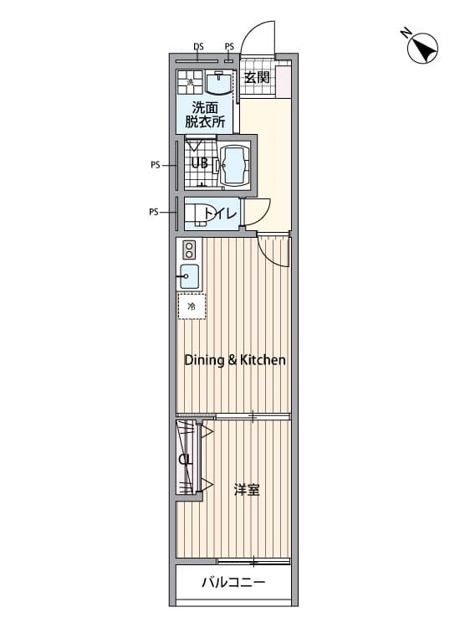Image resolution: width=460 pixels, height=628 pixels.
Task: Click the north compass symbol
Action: pyautogui.click(x=422, y=49)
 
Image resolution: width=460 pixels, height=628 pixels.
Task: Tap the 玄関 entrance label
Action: pyautogui.click(x=257, y=77)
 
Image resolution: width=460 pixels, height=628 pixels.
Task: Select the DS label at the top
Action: pyautogui.click(x=198, y=47)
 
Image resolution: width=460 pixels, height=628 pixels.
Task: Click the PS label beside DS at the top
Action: pyautogui.click(x=229, y=47)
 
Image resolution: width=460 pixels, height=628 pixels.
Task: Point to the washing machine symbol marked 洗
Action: pyautogui.click(x=191, y=83)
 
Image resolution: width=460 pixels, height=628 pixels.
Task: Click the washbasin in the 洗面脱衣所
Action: pyautogui.click(x=218, y=82)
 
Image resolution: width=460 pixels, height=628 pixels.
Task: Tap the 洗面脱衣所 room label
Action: pyautogui.click(x=205, y=115)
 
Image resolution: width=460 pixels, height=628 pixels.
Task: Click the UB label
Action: pyautogui.click(x=200, y=163)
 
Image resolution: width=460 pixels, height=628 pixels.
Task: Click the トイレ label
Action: pyautogui.click(x=221, y=214)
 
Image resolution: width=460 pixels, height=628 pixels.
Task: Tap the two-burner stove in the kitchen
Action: pyautogui.click(x=189, y=250)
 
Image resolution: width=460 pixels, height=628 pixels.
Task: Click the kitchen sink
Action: pyautogui.click(x=189, y=276)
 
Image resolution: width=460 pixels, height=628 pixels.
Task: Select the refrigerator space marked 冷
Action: pyautogui.click(x=192, y=306)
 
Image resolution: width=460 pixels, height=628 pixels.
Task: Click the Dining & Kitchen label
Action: pyautogui.click(x=235, y=360)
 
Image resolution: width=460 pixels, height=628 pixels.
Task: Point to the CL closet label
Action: pyautogui.click(x=186, y=460)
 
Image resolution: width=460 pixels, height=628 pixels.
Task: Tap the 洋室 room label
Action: pyautogui.click(x=247, y=490)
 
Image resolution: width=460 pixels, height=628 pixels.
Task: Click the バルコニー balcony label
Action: pyautogui.click(x=233, y=582)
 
